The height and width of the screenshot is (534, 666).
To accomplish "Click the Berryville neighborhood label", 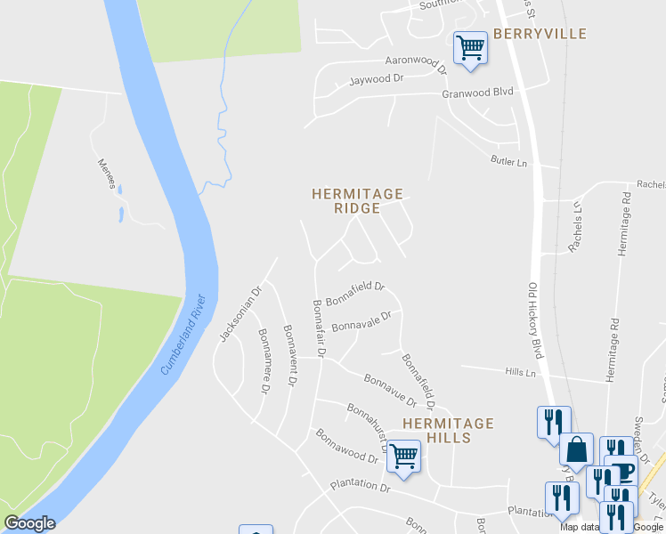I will click(x=540, y=34).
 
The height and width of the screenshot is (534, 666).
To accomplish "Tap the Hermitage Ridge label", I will click(x=357, y=201).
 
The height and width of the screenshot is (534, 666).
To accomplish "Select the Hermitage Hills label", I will click(x=448, y=430).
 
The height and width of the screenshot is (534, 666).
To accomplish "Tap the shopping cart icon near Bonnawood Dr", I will click(x=404, y=455).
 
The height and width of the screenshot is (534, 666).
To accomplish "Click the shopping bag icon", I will click(x=577, y=449).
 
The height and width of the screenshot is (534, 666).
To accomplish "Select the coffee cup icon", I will click(x=621, y=470).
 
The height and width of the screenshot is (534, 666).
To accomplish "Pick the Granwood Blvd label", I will click(x=478, y=93).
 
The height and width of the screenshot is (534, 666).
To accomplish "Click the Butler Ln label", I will click(x=509, y=162).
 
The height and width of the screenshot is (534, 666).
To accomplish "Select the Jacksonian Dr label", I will click(x=239, y=313).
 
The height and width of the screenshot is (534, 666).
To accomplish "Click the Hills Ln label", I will click(x=519, y=372).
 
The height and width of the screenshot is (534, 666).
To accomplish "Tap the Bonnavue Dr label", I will click(x=390, y=391).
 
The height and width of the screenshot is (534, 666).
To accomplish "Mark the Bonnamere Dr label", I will click(x=264, y=360).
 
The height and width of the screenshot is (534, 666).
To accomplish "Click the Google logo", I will click(x=29, y=523).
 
